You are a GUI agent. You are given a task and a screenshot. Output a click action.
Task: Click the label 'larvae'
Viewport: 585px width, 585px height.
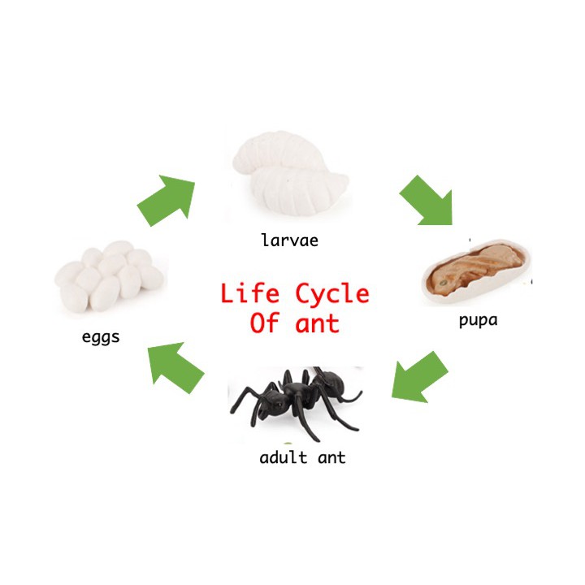(289, 240)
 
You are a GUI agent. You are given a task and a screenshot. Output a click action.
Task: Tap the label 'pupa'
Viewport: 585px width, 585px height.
(478, 319)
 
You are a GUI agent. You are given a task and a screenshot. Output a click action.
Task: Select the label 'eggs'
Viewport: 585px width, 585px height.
(101, 336)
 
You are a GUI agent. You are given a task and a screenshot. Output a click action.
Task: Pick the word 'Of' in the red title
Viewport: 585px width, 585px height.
(264, 323)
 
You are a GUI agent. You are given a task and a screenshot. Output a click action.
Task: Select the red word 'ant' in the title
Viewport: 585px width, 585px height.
(318, 324)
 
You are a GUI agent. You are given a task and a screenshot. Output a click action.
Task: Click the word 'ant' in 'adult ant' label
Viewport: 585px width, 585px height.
(331, 457)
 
